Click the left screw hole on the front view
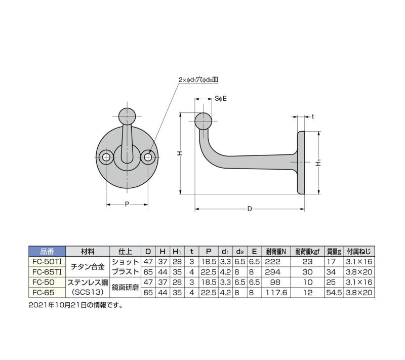point(106,157)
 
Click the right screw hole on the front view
point(148,157)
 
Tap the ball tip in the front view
point(127,116)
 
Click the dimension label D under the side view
point(250,209)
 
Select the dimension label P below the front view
point(127,205)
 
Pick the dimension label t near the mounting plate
point(313,116)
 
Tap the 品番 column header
point(47,251)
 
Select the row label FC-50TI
point(47,261)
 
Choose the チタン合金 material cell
point(88,266)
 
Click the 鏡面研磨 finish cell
point(125,287)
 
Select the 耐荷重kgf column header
point(308,251)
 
